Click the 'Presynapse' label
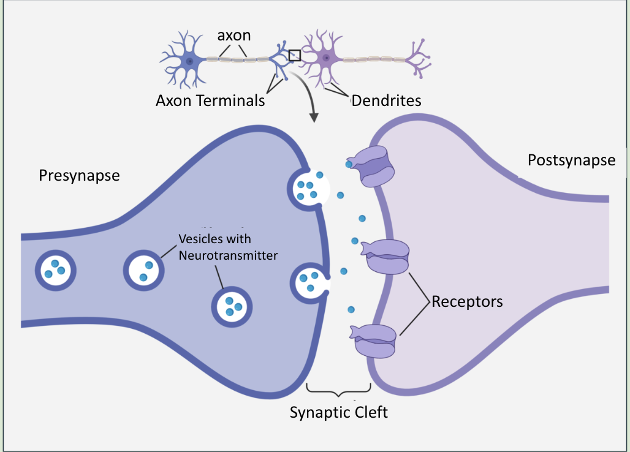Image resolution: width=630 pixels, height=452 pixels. click(80, 176)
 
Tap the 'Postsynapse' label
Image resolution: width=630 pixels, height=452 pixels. click(571, 160)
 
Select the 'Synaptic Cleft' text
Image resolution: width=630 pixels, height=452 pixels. click(338, 412)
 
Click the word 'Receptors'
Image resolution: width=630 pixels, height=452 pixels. click(467, 301)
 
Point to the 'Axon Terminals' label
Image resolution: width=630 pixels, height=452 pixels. click(210, 100)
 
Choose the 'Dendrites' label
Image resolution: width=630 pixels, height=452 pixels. click(386, 100)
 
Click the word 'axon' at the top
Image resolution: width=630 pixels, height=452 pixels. click(234, 35)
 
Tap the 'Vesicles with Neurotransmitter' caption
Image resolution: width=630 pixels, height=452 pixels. click(228, 247)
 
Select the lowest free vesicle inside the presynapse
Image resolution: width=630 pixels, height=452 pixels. click(232, 306)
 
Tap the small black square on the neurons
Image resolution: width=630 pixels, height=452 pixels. click(295, 55)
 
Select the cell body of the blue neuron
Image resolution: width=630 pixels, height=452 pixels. click(190, 61)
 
